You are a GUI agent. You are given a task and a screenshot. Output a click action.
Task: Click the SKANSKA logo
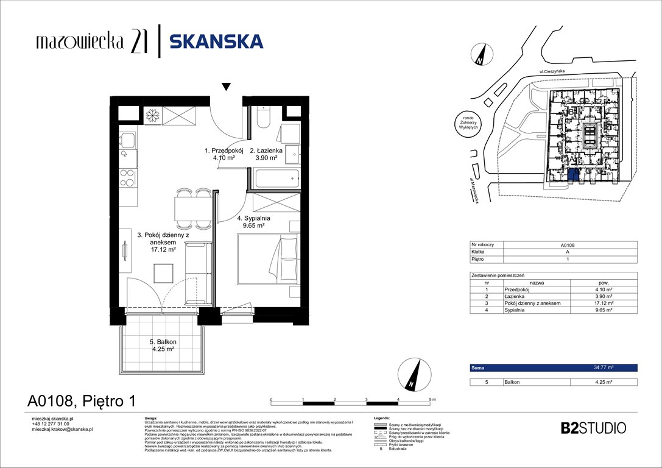[x=216, y=41]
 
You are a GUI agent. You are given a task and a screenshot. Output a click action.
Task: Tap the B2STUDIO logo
[x=593, y=428]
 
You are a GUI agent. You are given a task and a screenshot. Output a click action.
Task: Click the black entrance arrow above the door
[x=227, y=87]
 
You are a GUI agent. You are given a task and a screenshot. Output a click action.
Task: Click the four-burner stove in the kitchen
[x=127, y=177]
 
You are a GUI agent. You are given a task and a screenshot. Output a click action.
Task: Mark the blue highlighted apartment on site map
[x=573, y=176]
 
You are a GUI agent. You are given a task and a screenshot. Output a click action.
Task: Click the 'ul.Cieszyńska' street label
[x=552, y=72]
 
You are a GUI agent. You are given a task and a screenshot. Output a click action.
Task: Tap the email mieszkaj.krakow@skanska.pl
[x=62, y=430]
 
